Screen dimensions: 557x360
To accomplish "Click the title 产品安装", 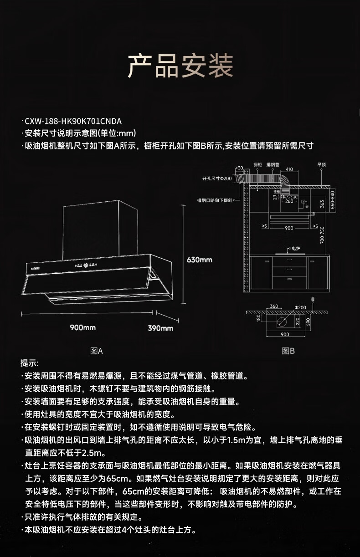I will pyautogui.click(x=180, y=66).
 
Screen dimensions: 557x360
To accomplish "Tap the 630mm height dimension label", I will pyautogui.click(x=200, y=260).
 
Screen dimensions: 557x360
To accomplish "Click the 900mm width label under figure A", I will pyautogui.click(x=82, y=327).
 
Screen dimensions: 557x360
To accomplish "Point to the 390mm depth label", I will pyautogui.click(x=160, y=328).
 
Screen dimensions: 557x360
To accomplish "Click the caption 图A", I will pyautogui.click(x=97, y=351).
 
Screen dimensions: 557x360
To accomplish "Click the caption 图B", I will pyautogui.click(x=288, y=351).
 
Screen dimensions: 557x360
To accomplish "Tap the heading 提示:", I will pyautogui.click(x=30, y=363).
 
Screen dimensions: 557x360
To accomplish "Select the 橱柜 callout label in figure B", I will pyautogui.click(x=257, y=164).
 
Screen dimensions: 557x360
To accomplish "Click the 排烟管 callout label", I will pyautogui.click(x=273, y=164).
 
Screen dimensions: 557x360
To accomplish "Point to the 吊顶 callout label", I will pyautogui.click(x=322, y=164).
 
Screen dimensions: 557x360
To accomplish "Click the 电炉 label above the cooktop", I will pyautogui.click(x=295, y=248).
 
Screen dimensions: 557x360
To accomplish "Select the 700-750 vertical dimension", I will pyautogui.click(x=322, y=235).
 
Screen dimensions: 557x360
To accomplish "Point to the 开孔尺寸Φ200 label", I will pyautogui.click(x=217, y=178).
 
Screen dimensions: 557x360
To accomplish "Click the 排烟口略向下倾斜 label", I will pyautogui.click(x=215, y=200).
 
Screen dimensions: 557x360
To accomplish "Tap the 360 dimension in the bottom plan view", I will pyautogui.click(x=273, y=307).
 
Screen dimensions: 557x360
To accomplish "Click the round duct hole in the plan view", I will pyautogui.click(x=283, y=322).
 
